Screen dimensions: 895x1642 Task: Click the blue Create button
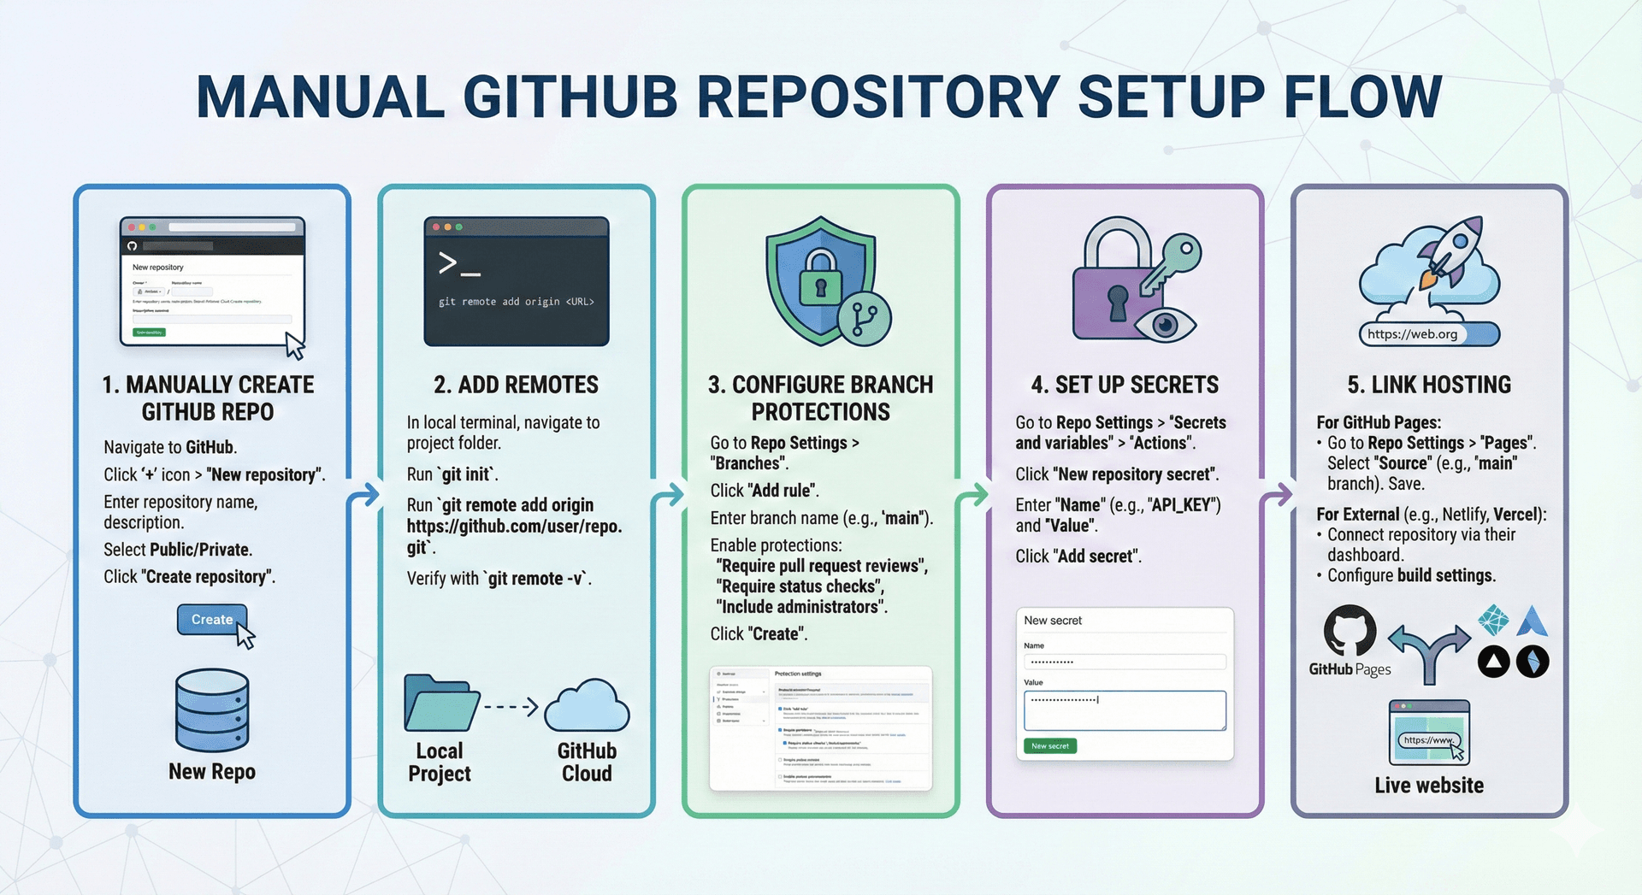211,620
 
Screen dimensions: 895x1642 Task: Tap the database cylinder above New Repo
212,710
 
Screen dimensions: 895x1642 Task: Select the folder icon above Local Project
440,703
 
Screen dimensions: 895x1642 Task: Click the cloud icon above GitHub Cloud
587,706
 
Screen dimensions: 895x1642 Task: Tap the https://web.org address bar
1428,334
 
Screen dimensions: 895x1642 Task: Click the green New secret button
1050,746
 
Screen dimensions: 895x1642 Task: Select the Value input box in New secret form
1125,710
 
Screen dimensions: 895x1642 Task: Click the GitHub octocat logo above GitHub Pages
1350,632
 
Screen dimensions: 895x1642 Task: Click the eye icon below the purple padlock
1164,324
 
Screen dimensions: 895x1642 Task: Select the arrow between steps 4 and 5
1278,495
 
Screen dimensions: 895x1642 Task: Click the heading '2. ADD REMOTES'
516,386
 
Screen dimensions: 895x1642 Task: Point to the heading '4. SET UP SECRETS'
1125,386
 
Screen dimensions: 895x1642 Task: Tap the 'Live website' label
1429,786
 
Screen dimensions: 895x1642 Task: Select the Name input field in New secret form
1125,662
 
